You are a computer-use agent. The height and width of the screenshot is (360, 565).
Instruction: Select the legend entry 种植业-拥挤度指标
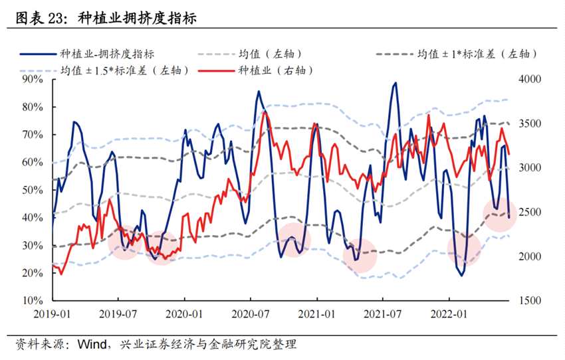pyautogui.click(x=107, y=54)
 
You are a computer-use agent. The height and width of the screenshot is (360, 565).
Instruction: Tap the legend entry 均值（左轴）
pyautogui.click(x=262, y=54)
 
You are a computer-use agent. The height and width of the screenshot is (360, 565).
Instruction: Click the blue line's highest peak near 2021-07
pyautogui.click(x=395, y=83)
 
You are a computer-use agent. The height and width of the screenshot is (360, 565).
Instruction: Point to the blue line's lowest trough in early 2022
pyautogui.click(x=461, y=275)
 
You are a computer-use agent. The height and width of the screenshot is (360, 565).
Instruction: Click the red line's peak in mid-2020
pyautogui.click(x=265, y=112)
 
